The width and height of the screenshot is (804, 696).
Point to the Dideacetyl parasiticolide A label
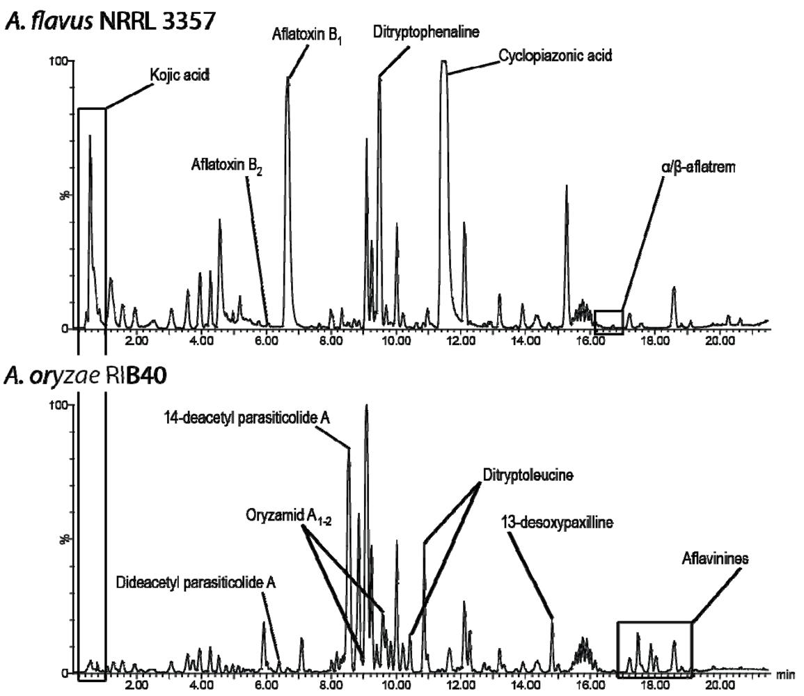click(x=196, y=583)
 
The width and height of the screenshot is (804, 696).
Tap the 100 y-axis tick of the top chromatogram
click(x=56, y=61)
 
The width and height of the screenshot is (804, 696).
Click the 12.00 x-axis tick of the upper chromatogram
click(x=461, y=340)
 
